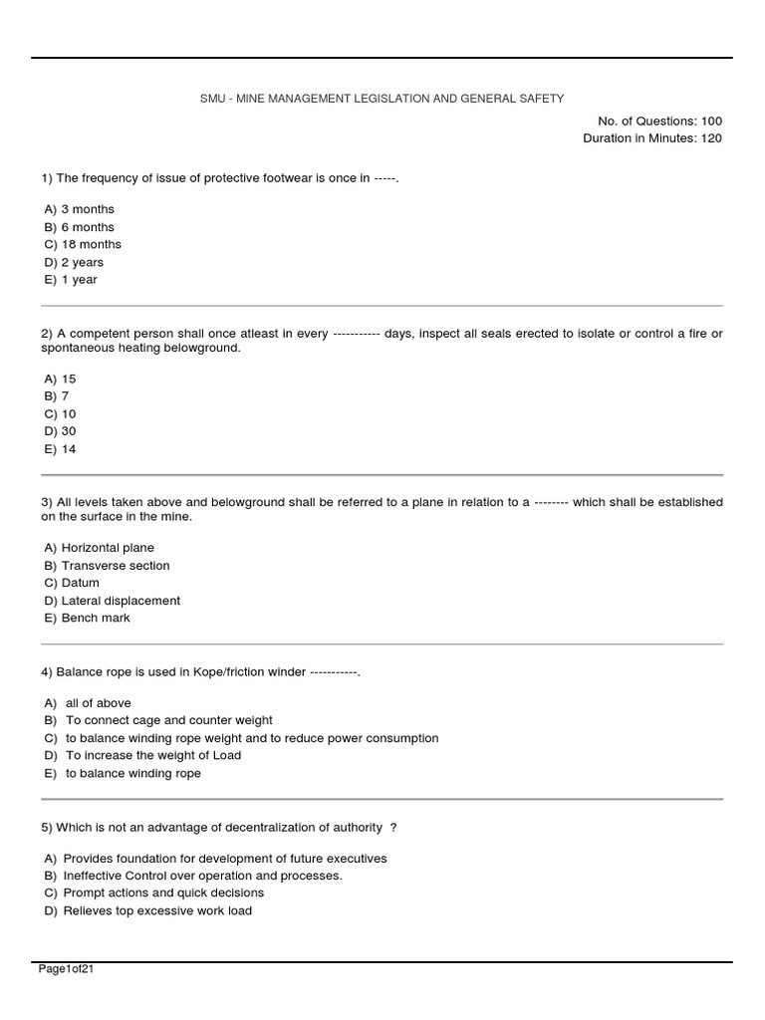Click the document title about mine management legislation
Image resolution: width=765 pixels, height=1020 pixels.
coord(382,99)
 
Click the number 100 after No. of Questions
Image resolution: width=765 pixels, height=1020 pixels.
coord(711,122)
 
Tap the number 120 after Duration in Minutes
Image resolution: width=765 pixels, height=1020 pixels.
coord(711,138)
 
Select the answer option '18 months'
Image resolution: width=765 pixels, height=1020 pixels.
coord(91,244)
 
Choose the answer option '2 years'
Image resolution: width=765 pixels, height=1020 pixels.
coord(82,262)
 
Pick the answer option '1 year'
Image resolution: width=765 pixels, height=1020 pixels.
coord(79,280)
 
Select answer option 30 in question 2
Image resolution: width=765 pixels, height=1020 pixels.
coord(68,431)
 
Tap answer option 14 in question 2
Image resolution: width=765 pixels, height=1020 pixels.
coord(68,449)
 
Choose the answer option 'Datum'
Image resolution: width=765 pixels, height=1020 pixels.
coord(80,583)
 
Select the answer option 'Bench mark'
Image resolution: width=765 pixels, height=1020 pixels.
coord(95,618)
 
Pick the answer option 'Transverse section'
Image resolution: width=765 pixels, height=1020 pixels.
coord(115,566)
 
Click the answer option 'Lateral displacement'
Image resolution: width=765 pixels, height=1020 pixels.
coord(121,601)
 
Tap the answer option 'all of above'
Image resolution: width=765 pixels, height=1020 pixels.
coord(98,703)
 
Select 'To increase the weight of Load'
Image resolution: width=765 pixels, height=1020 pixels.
coord(153,755)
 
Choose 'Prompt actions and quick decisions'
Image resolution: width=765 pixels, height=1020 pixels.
coord(163,893)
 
